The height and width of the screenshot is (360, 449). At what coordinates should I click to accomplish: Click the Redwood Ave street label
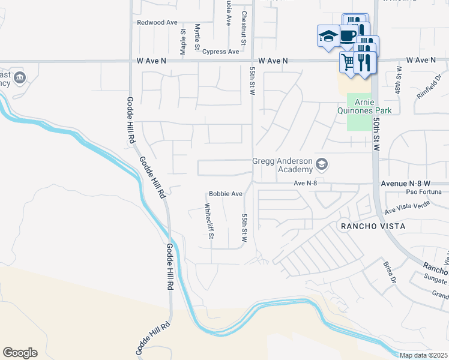157,23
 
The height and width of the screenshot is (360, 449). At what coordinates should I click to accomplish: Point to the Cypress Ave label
220,52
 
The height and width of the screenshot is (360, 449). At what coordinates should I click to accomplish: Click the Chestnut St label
244,28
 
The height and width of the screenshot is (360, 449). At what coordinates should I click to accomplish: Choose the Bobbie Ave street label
225,194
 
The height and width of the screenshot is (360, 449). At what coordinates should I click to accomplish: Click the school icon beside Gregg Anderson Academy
322,164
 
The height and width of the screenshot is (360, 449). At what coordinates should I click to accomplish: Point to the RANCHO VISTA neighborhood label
373,226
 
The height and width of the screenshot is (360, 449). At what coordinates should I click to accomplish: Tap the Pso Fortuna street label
423,192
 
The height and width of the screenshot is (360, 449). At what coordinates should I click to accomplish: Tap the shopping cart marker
348,61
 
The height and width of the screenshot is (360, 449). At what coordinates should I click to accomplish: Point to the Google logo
20,353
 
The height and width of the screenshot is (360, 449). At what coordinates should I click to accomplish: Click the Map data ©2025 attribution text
423,355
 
